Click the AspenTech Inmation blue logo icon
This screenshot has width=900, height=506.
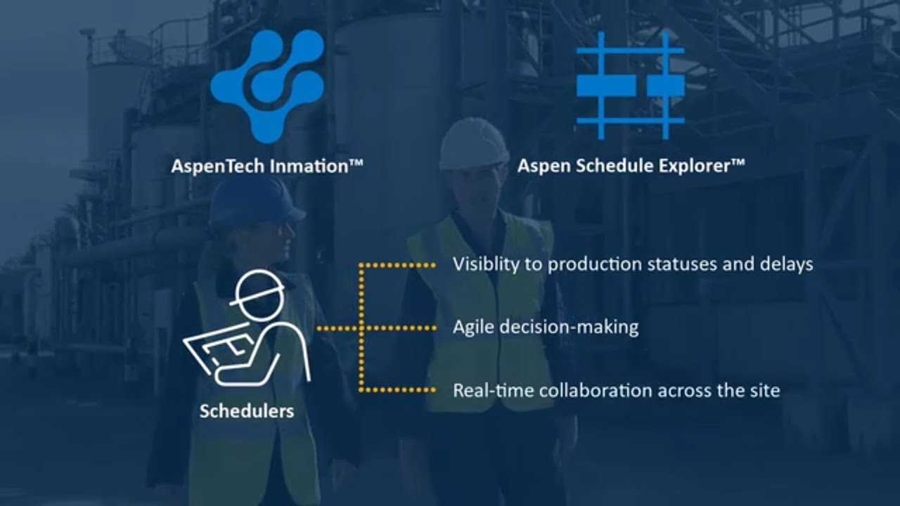[x=267, y=84]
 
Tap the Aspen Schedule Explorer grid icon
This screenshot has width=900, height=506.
[x=630, y=85]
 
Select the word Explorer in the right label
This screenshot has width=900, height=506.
[x=697, y=167]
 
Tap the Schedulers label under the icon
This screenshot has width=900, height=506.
[x=247, y=411]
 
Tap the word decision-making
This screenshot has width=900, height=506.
[x=568, y=327]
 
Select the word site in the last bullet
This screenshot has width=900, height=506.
[x=767, y=390]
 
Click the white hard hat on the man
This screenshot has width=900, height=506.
[x=473, y=143]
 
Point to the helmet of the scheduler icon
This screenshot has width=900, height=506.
[x=258, y=287]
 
